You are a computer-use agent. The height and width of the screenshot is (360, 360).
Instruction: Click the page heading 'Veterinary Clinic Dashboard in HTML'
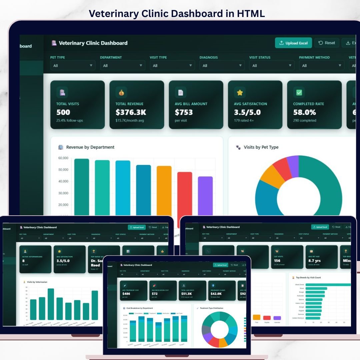pos(177,14)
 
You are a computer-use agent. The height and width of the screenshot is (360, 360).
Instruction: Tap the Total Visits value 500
pos(63,112)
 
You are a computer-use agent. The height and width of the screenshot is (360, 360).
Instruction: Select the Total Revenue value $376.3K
pos(131,112)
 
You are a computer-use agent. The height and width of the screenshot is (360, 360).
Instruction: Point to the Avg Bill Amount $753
pos(184,112)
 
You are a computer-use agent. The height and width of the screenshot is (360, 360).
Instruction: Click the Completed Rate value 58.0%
pos(304,112)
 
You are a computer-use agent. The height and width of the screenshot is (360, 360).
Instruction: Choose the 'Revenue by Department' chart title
pos(90,147)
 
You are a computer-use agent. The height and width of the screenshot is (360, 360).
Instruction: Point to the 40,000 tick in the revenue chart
pos(63,181)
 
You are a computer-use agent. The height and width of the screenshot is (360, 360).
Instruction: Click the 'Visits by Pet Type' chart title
pos(261,147)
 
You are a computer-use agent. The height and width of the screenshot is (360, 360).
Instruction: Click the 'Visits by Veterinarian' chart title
pos(37,282)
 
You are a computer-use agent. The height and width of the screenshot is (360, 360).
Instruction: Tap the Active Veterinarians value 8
pos(23,261)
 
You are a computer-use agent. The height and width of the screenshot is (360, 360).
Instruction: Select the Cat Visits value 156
pos(277,261)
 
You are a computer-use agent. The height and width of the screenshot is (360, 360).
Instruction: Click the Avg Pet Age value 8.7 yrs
pos(315,261)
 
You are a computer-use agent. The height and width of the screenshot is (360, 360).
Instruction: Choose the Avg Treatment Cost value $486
pos(126,294)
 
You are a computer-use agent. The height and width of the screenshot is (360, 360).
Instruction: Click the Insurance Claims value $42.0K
pos(216,294)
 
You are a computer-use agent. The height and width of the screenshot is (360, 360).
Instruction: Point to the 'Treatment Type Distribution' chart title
pos(212,308)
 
